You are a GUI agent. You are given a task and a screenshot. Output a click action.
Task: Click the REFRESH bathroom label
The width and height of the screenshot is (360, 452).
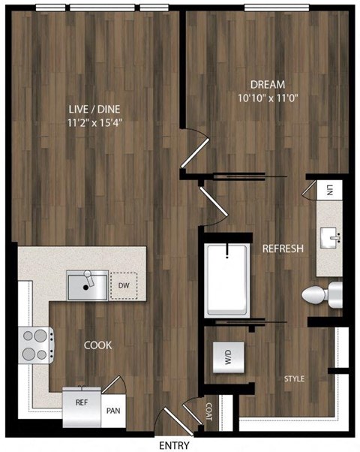[282, 249]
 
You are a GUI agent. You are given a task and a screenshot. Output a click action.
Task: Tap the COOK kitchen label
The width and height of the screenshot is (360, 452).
[97, 345]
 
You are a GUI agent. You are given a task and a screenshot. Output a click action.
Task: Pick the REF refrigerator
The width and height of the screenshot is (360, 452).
[82, 402]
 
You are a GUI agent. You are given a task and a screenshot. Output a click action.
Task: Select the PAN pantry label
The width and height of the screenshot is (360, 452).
[113, 411]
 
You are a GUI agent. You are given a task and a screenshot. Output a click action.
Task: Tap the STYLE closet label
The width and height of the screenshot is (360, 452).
[294, 378]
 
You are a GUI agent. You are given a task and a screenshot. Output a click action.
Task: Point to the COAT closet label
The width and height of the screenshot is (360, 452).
[209, 409]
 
